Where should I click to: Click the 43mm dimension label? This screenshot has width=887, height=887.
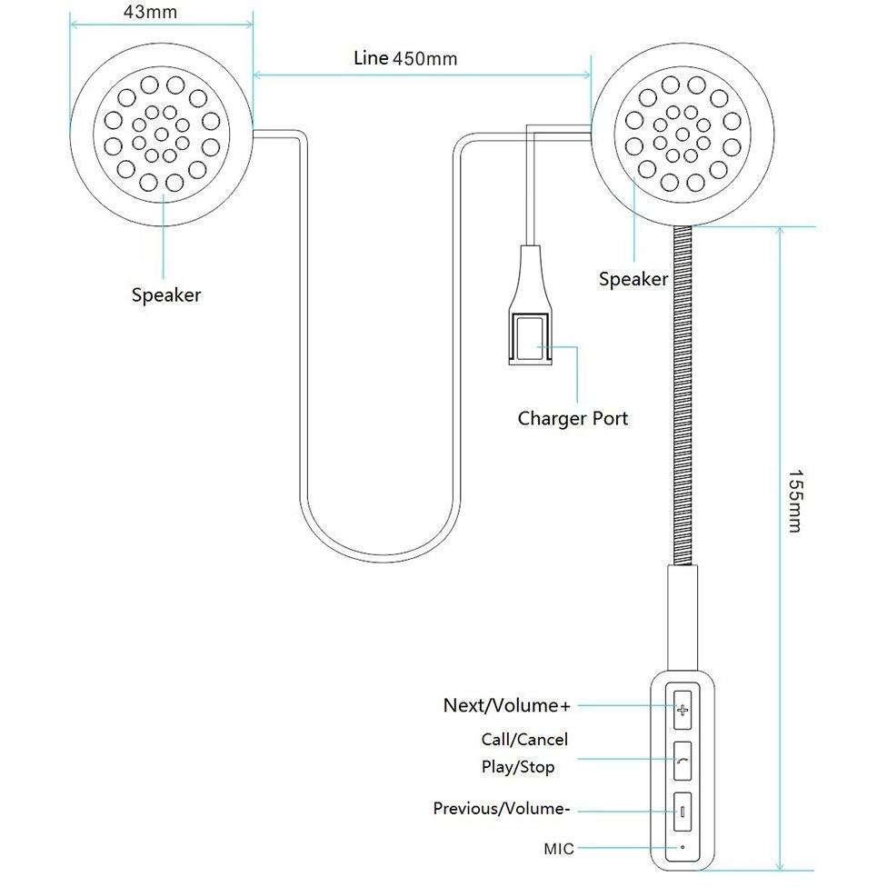coord(150,12)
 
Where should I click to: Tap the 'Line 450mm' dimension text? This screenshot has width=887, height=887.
coord(405,58)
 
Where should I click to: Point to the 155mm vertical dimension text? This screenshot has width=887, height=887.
coord(795,501)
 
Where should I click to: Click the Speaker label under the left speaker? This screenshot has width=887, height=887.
coord(166,294)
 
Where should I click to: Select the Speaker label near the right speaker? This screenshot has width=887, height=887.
coord(633,279)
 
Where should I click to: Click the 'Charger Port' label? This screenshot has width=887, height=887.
coord(573,419)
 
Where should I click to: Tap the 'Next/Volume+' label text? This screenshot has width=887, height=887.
coord(507,705)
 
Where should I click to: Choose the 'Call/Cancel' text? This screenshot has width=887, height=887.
coord(524,740)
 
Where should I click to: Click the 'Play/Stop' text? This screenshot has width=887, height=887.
coord(518,767)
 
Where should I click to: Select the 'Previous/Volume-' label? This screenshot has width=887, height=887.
coord(501,808)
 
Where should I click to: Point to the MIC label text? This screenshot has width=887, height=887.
coord(559,849)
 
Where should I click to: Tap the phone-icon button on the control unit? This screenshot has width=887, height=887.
coord(683,762)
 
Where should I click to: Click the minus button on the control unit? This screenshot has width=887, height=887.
coord(683,812)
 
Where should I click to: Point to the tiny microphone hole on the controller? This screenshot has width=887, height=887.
coord(683,847)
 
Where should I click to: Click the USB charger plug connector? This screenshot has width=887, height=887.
coord(530,305)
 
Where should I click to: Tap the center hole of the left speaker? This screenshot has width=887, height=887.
coord(161,135)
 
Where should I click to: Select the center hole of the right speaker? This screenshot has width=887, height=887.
coord(683,135)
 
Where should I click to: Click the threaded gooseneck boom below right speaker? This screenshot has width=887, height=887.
coord(683,396)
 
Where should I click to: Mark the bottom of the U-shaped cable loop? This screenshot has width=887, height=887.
coord(380,558)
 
